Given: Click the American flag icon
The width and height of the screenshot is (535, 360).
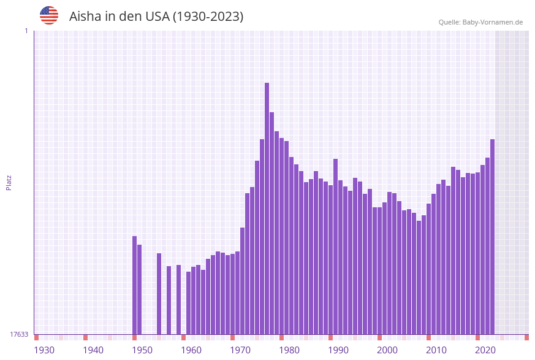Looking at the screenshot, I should pos(49,15).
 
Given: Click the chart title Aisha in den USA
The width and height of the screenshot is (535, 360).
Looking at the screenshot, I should pos(156,17).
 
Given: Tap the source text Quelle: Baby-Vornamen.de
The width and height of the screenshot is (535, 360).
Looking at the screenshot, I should pos(480,22).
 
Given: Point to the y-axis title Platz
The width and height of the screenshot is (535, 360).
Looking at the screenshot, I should pos(9,182).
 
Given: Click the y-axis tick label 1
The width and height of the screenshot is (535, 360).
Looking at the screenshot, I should pos(26,31).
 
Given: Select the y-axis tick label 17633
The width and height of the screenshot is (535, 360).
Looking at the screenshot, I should pos(19,334).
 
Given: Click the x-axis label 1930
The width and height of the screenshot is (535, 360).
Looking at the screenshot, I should pos(44,350).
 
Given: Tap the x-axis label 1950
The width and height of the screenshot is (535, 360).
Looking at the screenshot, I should pos(142,350).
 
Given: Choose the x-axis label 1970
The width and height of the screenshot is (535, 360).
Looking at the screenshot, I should pos(240,350).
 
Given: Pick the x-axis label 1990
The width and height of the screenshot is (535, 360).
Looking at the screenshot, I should pos(338,350).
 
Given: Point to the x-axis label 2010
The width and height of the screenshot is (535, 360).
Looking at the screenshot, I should pos(436,350).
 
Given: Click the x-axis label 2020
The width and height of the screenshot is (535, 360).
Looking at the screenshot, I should pos(485,350).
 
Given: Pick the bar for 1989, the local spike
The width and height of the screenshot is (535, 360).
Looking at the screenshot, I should pos(336,245).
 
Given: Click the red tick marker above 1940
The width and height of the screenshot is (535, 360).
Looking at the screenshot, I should pos(86,337).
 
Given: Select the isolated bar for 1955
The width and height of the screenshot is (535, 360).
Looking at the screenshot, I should pos(169,300).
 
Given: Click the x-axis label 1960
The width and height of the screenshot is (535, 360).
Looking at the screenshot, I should pos(191,350).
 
